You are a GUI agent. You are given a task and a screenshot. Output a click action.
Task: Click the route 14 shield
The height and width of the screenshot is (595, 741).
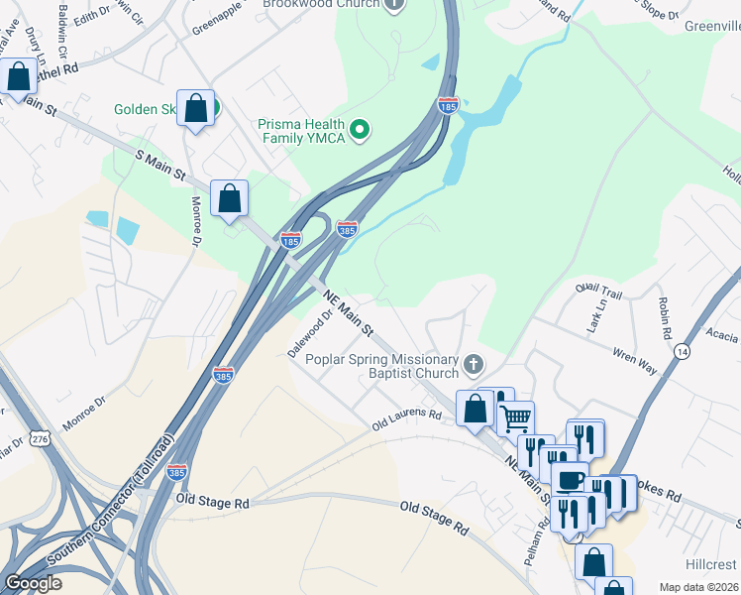(682, 351)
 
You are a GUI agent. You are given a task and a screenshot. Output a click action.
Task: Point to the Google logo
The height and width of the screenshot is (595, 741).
(33, 583)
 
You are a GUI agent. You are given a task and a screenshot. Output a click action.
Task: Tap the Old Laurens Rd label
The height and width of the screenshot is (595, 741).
(406, 422)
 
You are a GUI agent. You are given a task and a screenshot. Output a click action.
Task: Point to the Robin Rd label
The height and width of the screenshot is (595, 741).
(663, 317)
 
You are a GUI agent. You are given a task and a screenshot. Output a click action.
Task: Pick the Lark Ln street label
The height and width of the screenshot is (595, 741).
(594, 321)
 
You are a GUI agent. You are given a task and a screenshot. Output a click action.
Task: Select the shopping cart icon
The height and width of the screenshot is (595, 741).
(515, 418)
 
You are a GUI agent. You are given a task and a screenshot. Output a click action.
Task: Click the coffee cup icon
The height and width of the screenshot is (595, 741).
(570, 480)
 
